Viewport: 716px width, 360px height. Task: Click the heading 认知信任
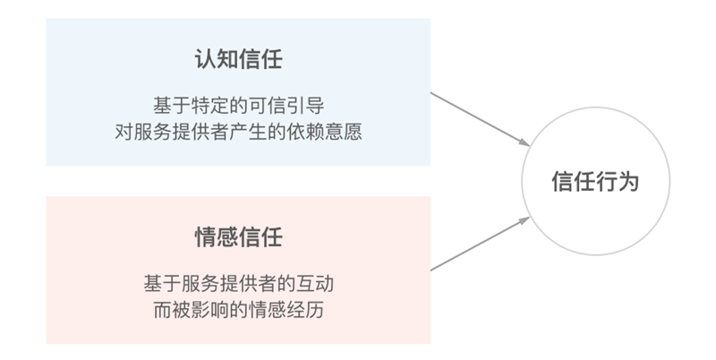[238, 62]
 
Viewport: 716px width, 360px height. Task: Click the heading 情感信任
[238, 237]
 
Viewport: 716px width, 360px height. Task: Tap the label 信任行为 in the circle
[596, 182]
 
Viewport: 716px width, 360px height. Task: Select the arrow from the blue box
[479, 119]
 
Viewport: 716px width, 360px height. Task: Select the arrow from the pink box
[479, 244]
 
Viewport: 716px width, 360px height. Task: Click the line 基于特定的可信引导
[238, 104]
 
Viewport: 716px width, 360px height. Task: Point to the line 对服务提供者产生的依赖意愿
[238, 131]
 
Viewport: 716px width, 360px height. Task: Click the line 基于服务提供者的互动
[238, 283]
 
